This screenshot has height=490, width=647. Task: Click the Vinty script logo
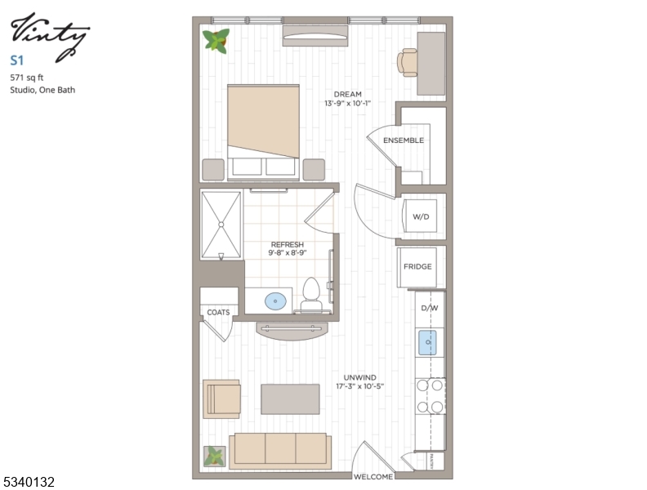pos(49,34)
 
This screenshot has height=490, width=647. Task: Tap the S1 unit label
pos(16,60)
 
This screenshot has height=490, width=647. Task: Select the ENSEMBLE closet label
pos(404,140)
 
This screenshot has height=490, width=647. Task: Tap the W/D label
pos(421,217)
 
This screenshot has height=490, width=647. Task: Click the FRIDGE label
pos(417,266)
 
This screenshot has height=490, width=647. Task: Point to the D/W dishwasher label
pos(429,309)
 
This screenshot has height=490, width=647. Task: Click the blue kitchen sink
pos(429,342)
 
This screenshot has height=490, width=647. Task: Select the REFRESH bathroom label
pos(288,245)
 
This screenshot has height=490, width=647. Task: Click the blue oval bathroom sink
pos(276,301)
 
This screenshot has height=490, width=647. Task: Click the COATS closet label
pos(218,313)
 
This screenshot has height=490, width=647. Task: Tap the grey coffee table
pos(290,399)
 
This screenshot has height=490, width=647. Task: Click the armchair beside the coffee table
pos(221,399)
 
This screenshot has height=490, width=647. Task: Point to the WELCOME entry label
pos(373,477)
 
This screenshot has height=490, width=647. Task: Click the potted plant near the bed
pos(216,40)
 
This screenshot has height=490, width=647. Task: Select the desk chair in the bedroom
pos(408,61)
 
